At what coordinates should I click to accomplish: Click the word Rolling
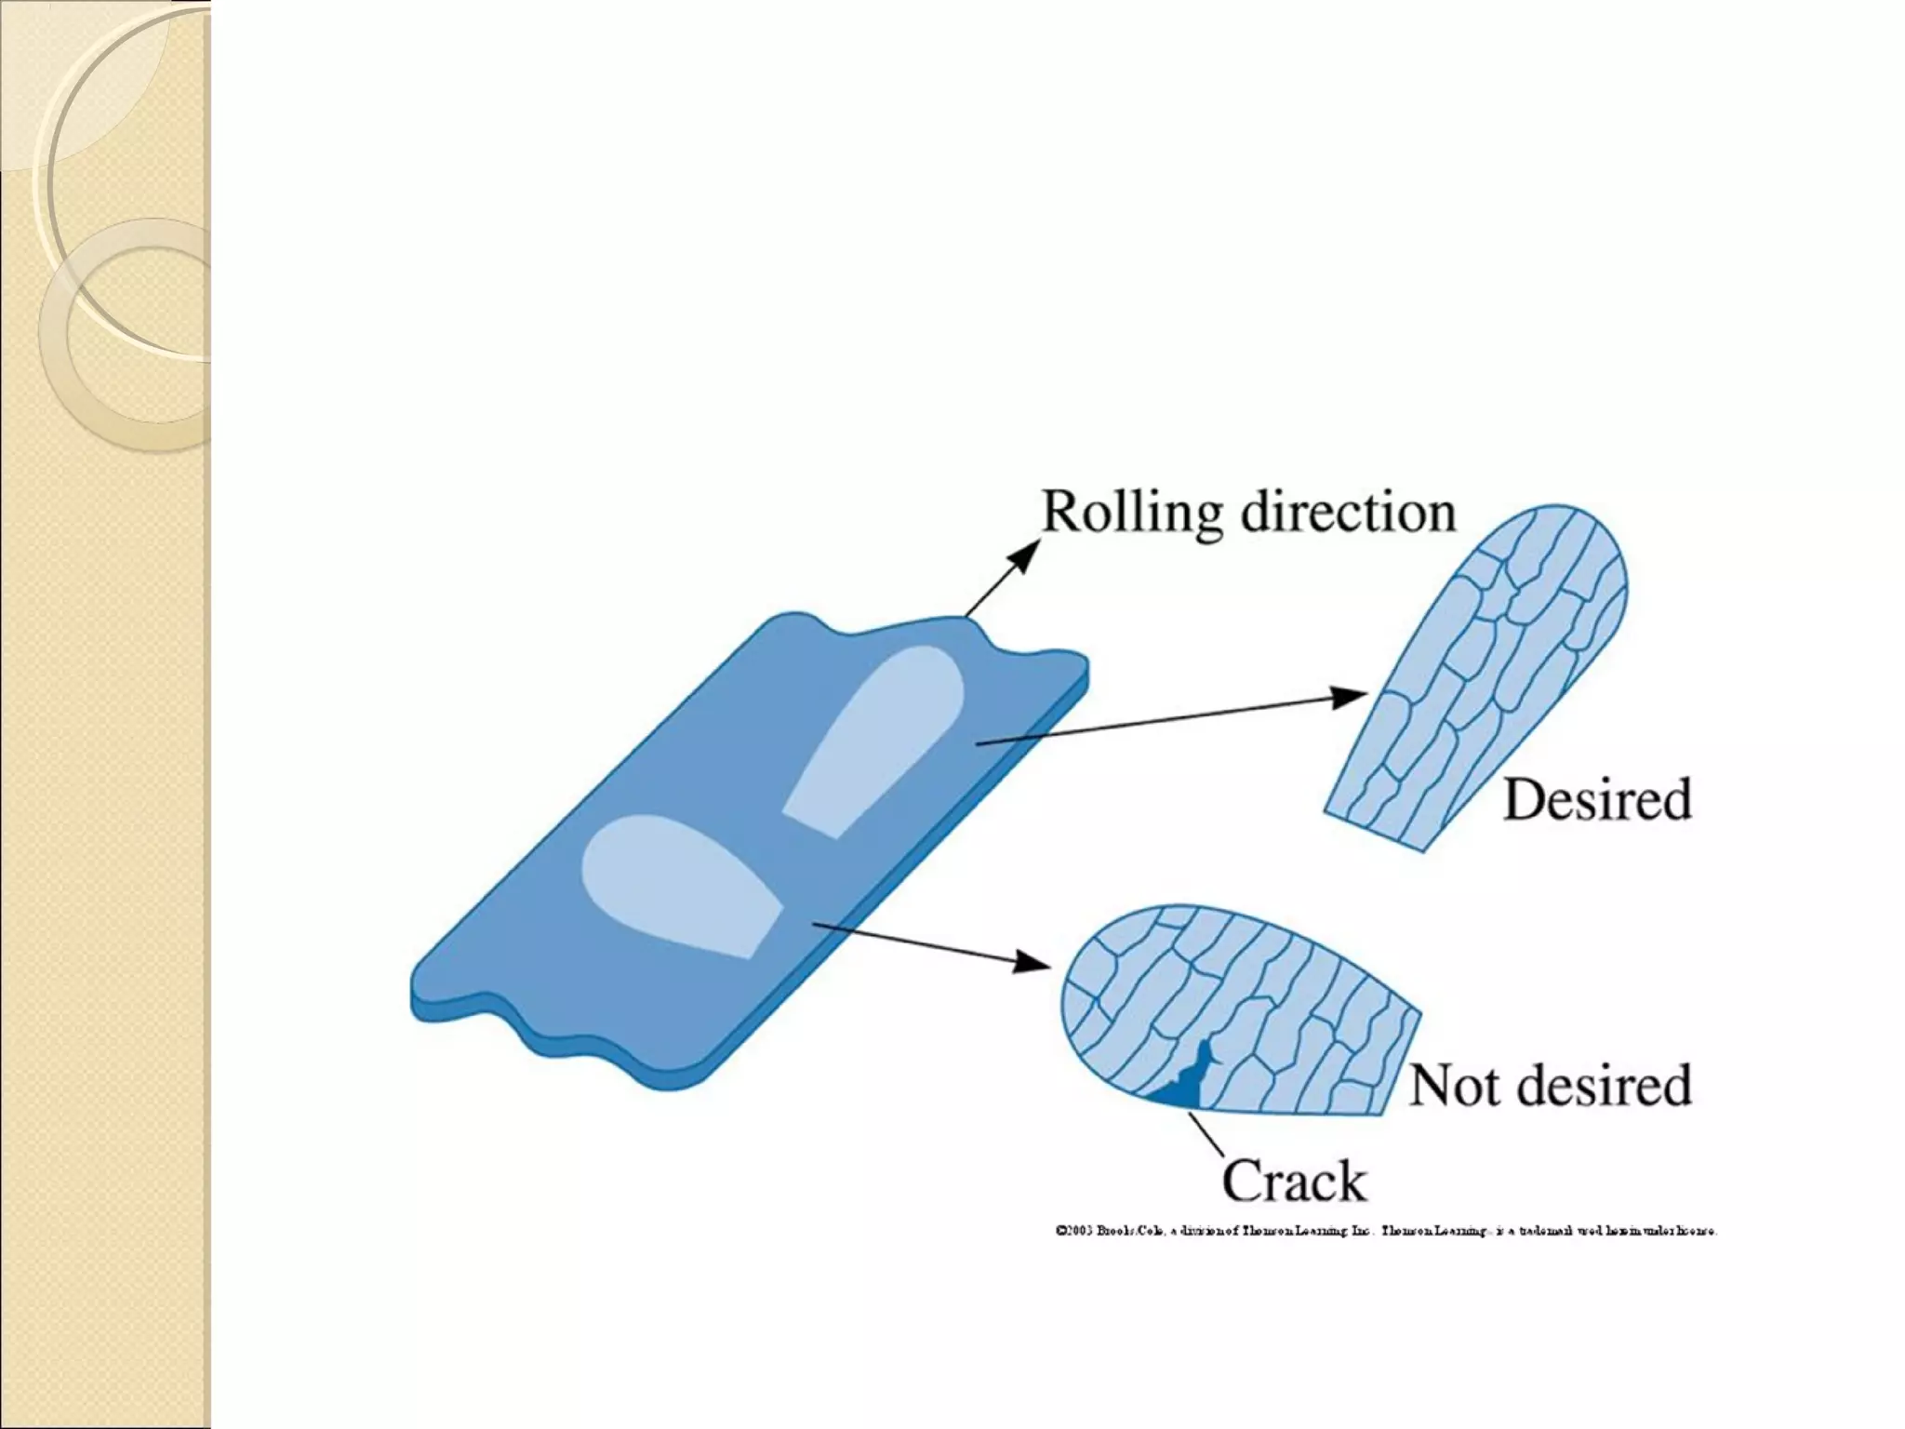(1131, 514)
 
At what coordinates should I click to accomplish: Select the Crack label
(1293, 1181)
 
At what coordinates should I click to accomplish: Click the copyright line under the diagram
(1386, 1231)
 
